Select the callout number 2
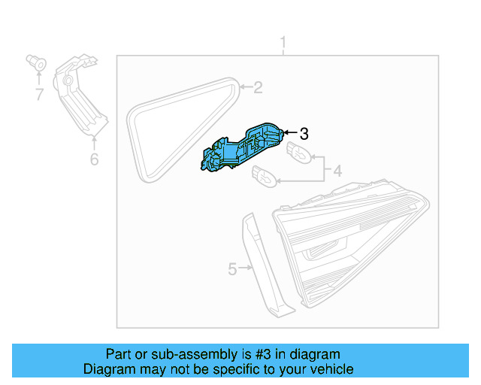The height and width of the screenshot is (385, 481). (x=258, y=88)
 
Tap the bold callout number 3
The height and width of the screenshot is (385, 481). (x=304, y=134)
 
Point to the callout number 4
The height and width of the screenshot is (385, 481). (x=337, y=171)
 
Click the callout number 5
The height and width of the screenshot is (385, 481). (x=232, y=268)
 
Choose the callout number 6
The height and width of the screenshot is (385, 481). (x=94, y=159)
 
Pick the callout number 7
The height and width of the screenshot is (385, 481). (x=38, y=95)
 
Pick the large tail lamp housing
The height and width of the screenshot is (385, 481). (x=353, y=241)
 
